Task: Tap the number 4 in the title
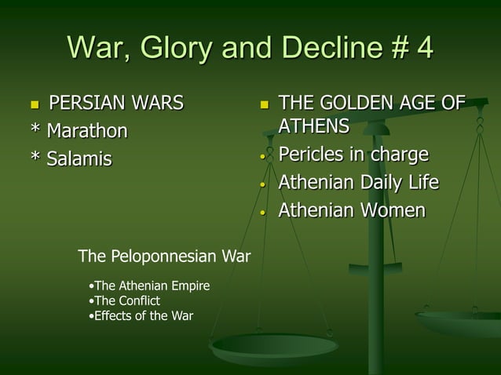[423, 47]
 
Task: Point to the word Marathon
[87, 130]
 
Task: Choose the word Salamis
[79, 159]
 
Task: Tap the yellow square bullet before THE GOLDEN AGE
[264, 104]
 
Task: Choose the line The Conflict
[126, 301]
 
